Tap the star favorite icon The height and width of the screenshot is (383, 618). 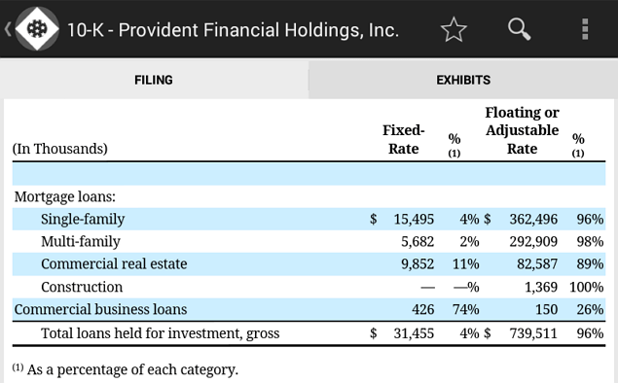(x=454, y=29)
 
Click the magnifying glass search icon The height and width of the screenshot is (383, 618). (x=519, y=29)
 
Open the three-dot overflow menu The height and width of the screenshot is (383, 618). (x=585, y=29)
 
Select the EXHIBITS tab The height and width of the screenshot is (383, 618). (x=463, y=80)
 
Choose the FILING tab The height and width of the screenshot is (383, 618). (x=154, y=80)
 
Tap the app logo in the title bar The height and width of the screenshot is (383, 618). (x=37, y=29)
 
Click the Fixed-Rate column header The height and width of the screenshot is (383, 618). (x=403, y=139)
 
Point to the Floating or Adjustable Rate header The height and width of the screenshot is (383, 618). (x=522, y=130)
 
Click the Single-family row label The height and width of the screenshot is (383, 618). (x=83, y=219)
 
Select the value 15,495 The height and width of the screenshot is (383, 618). (x=414, y=220)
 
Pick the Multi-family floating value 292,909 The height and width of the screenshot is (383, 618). (x=533, y=242)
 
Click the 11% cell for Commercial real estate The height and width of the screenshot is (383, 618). (x=465, y=264)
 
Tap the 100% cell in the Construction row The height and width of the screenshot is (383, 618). (x=586, y=287)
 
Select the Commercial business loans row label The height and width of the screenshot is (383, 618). (x=100, y=309)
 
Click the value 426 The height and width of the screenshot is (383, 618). (x=423, y=309)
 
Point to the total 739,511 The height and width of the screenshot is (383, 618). (x=533, y=333)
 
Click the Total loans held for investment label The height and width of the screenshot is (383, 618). (x=160, y=333)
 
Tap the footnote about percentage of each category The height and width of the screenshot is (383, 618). (x=126, y=369)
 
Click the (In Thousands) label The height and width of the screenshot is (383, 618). (x=60, y=149)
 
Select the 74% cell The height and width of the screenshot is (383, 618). (x=465, y=309)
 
